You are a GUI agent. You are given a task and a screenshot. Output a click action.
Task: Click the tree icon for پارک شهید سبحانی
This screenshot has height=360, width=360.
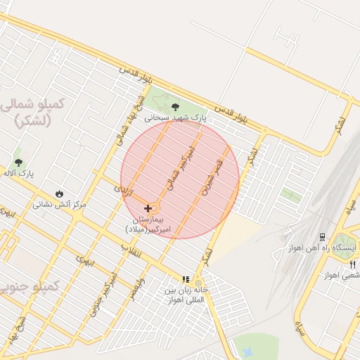coord(175,108)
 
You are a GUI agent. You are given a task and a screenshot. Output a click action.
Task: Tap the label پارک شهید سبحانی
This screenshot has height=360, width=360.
coord(176,119)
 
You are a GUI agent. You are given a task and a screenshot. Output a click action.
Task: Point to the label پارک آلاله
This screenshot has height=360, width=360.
coord(18,173)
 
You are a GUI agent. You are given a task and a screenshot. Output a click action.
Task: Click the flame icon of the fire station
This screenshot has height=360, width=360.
coord(59,193)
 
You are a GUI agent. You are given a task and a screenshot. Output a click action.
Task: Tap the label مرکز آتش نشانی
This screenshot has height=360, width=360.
coord(59,205)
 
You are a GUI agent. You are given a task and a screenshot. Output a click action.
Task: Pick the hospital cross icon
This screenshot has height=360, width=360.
coord(148,209)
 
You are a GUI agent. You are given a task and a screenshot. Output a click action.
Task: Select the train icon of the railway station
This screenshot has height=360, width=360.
coord(322,237)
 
